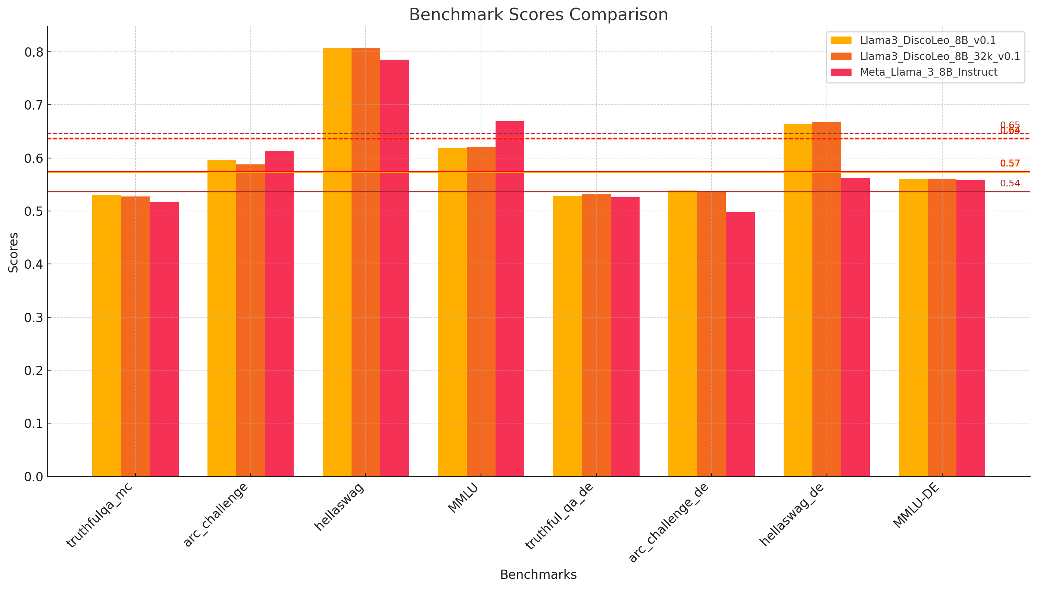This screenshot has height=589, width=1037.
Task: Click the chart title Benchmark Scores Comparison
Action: pos(538,15)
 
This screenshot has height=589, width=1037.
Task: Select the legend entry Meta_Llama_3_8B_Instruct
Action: pos(928,72)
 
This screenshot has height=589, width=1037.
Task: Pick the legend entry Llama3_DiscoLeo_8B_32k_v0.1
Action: pos(939,56)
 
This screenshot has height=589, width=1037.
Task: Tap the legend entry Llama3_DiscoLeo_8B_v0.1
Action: pos(927,41)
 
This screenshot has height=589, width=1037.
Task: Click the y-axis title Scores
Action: pos(13,252)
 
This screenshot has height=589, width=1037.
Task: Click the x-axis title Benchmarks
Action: pos(538,574)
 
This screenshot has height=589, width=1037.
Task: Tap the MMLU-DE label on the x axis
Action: pos(916,505)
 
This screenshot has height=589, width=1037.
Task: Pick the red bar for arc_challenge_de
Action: pos(740,344)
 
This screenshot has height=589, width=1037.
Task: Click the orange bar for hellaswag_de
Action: pos(827,299)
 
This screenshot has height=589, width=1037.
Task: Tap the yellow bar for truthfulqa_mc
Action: pos(106,336)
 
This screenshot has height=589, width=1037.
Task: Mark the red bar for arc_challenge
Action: pos(279,314)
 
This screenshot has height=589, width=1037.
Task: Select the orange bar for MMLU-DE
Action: pos(941,328)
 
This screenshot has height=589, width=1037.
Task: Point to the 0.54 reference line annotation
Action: pos(1009,183)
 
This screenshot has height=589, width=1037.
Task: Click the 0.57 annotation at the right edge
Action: pos(1009,163)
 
